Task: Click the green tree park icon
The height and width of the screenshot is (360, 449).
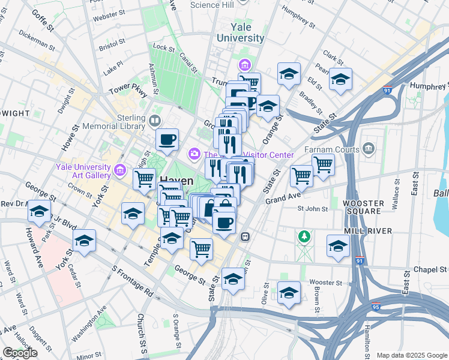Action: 305,237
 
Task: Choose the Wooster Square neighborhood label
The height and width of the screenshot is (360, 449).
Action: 363,207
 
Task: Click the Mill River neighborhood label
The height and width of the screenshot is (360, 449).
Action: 368,231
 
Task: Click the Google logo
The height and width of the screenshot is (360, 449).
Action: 19,353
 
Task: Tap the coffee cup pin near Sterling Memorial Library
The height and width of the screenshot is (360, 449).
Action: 167,139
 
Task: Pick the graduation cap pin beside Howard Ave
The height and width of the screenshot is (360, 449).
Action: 40,212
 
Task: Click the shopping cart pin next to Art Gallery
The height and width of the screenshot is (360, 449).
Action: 144,178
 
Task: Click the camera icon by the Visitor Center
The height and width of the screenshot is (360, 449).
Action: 194,154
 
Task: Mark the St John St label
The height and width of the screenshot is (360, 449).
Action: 313,209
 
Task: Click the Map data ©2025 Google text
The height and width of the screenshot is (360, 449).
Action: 411,355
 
